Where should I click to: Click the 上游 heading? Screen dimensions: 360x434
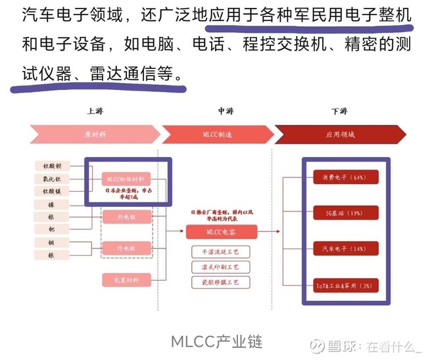94,111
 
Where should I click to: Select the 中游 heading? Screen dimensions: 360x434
225,111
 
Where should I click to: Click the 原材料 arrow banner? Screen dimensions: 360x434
94,134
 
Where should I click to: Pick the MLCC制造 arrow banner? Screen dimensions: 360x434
217,134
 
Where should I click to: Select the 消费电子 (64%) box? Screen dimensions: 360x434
340,177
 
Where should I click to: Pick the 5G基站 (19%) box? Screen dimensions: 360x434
340,214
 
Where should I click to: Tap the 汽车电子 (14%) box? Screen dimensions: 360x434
340,249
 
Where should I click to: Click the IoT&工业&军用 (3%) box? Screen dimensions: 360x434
340,285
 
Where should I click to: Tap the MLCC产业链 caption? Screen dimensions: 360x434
216,342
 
